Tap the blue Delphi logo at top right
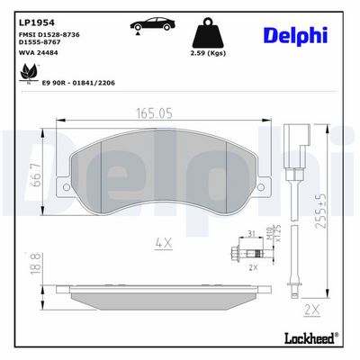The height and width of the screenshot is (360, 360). coord(295,36)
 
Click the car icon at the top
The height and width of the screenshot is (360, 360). coord(152,24)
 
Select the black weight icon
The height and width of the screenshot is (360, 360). coord(208,33)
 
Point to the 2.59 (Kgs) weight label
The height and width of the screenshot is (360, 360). coord(208,53)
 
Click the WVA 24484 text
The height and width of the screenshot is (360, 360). coord(39,53)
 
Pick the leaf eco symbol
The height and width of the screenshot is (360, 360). coord(29,73)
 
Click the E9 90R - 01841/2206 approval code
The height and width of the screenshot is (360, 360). coord(79,83)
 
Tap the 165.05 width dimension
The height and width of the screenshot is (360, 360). coord(155,113)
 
